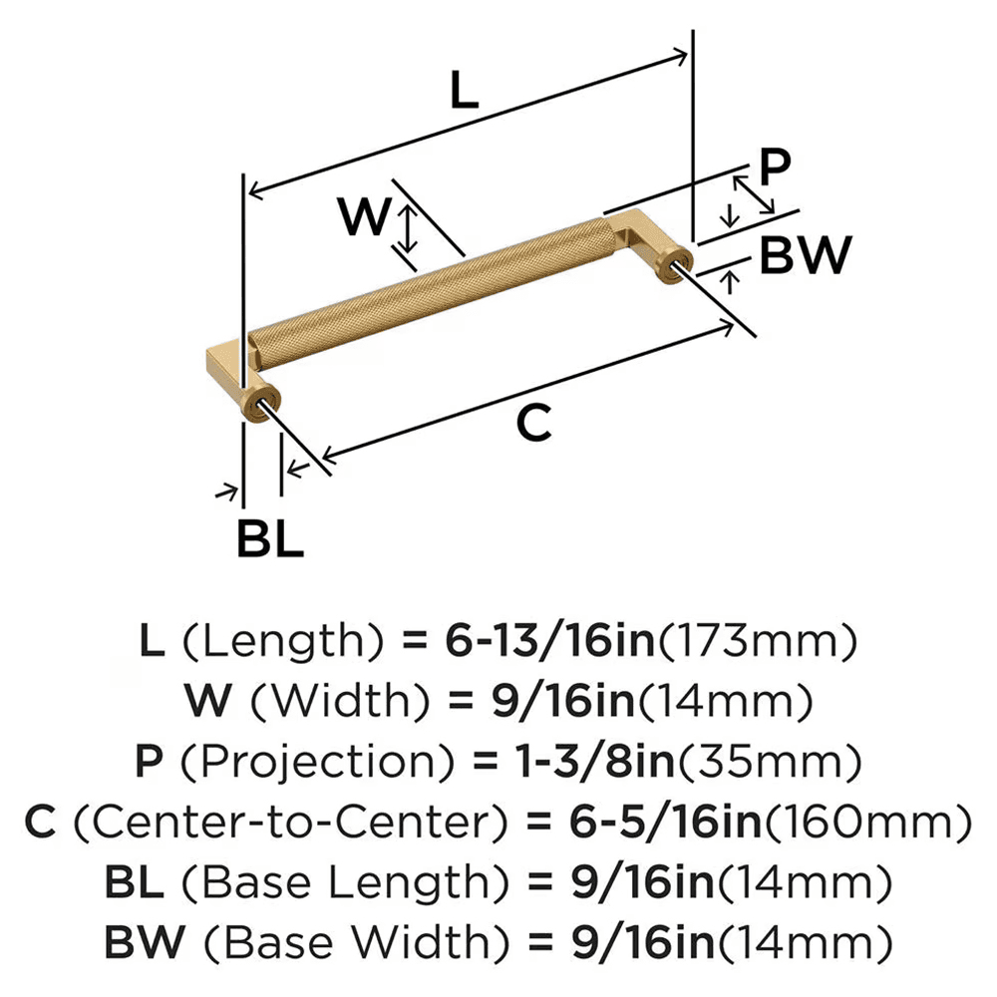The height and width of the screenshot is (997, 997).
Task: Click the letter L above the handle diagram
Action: pos(464,92)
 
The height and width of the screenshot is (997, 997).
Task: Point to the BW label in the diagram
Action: pos(805,256)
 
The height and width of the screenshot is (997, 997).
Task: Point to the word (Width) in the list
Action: pos(318,703)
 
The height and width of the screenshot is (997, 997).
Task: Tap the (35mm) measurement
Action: pos(769,763)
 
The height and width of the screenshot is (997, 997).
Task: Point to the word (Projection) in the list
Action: pos(300,763)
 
